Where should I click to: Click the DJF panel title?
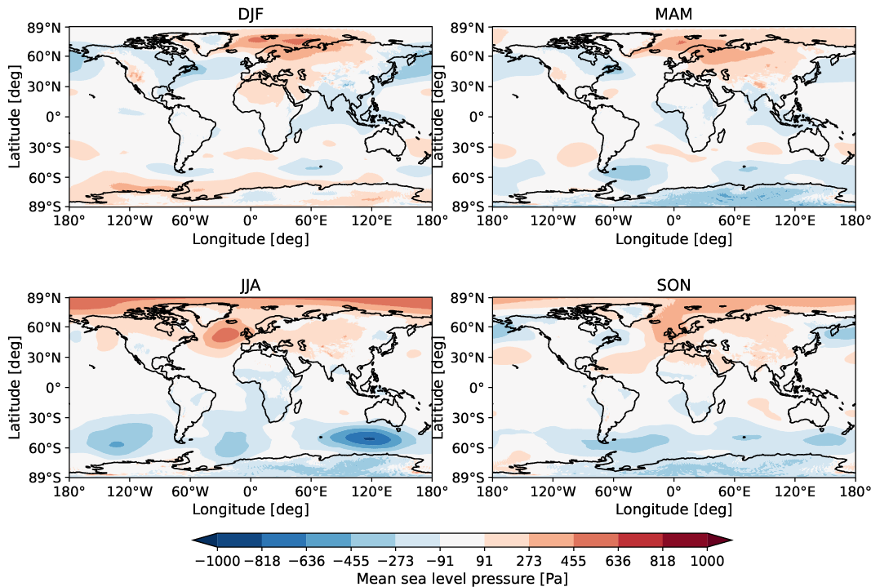(250, 14)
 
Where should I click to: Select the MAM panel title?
(673, 14)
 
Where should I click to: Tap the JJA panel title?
(250, 285)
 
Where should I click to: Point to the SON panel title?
(673, 285)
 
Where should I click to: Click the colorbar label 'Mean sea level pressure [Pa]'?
(462, 578)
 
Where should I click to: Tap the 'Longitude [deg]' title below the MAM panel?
(673, 238)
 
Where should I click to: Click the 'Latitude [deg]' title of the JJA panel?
(15, 387)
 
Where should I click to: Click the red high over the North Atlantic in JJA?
(221, 334)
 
